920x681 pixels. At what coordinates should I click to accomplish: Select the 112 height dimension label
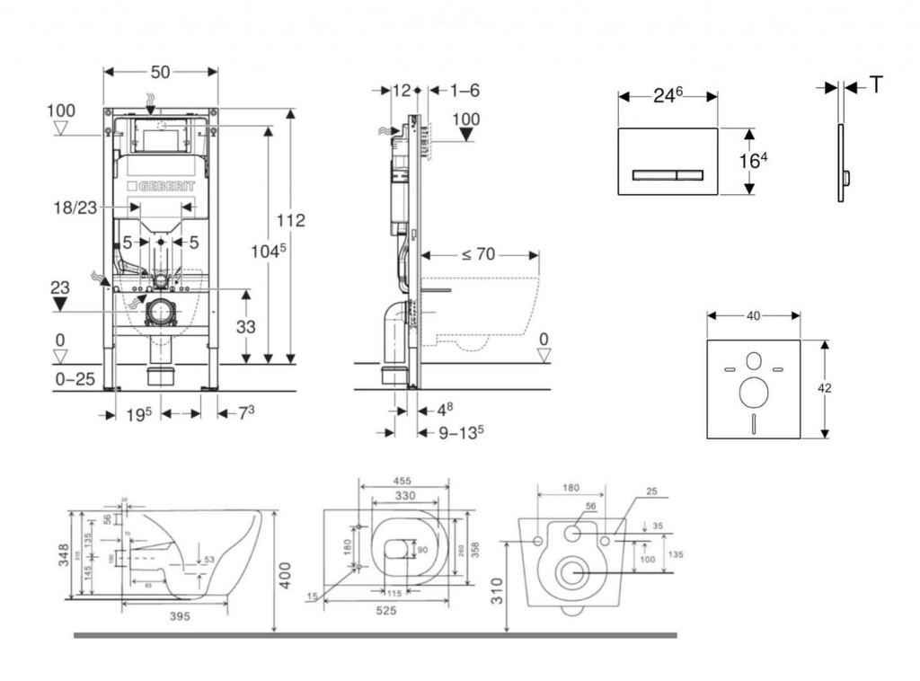tap(291, 220)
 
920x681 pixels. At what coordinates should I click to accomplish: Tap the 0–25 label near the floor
tap(75, 379)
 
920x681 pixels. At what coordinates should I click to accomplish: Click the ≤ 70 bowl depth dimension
tap(479, 254)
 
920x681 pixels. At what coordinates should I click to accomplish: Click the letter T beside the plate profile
tap(876, 85)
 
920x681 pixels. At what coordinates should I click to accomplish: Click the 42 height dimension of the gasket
tap(825, 388)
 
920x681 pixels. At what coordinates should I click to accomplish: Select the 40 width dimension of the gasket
tap(754, 315)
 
